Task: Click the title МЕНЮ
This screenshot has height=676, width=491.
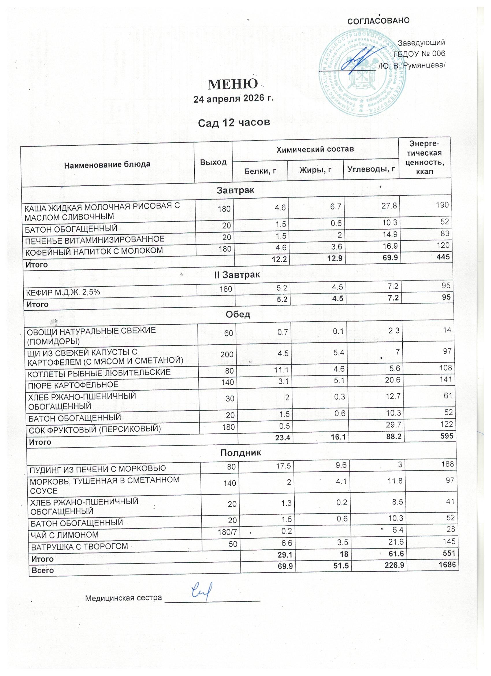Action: [233, 85]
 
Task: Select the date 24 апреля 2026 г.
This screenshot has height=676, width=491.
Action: [233, 99]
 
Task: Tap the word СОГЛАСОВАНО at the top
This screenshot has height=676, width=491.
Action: [378, 21]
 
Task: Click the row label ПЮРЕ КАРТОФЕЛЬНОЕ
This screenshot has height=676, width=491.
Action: [73, 385]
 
